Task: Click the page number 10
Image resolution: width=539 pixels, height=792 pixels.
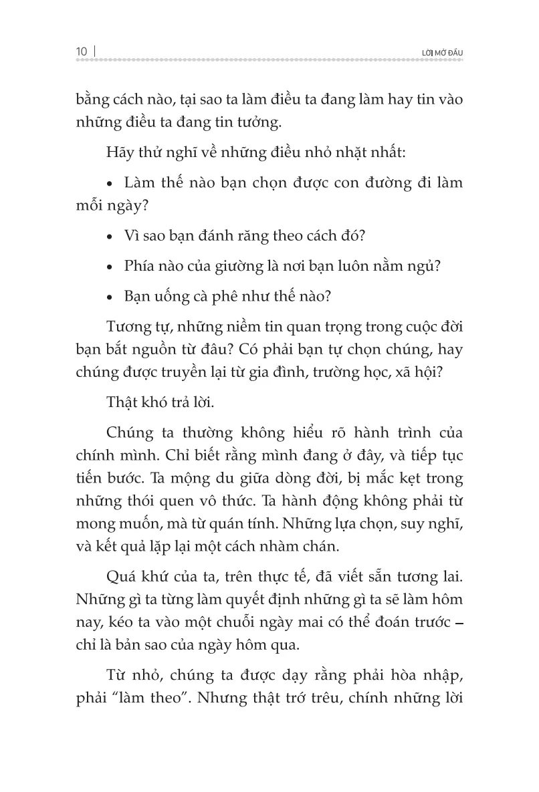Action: pos(82,51)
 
